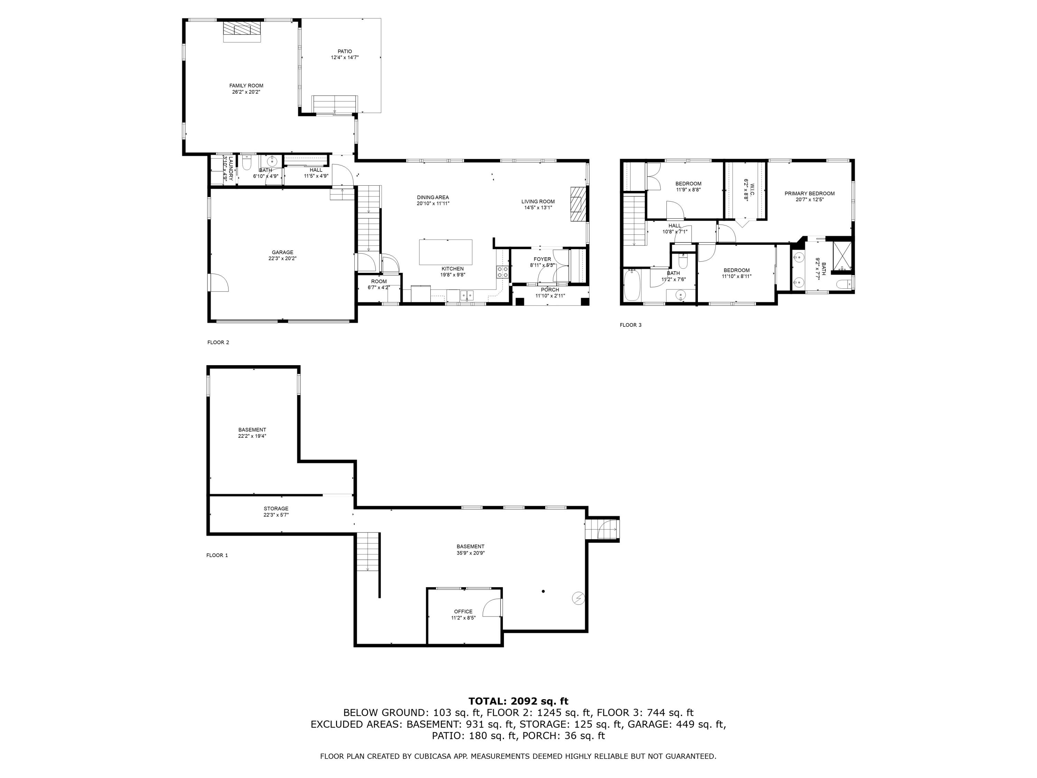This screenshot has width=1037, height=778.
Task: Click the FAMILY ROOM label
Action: coord(246,86)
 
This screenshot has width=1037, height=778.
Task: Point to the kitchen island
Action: coord(445,252)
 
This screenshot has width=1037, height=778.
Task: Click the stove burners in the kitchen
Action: coord(503,272)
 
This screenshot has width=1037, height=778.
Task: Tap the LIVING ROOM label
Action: coord(538,202)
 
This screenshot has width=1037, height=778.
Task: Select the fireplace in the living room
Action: coord(578,204)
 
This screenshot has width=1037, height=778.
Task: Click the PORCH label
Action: coord(550,290)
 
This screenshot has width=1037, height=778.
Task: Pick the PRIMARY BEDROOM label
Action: coord(810,194)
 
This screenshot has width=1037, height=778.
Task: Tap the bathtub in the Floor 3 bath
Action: coord(632,285)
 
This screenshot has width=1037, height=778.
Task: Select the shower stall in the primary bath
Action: coord(842,256)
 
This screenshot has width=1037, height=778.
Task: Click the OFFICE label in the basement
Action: coord(463,612)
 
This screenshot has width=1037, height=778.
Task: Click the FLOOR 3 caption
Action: coord(630,325)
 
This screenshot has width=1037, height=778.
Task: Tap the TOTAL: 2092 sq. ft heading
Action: coord(518,701)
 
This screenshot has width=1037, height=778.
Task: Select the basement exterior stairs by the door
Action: coord(602,529)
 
